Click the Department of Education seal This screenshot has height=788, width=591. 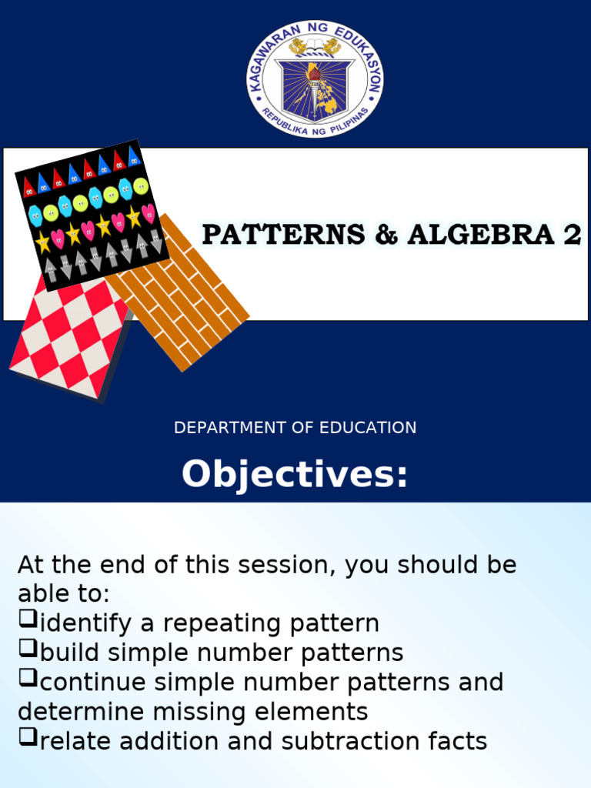315,79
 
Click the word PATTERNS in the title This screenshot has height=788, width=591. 283,235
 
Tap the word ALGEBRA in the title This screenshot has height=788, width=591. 480,235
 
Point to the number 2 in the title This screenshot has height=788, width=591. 572,235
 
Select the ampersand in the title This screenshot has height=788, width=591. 386,235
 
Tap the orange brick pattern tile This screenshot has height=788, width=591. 179,293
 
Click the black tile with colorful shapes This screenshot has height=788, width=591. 92,215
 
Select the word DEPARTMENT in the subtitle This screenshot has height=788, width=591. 229,428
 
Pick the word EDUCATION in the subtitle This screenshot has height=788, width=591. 368,428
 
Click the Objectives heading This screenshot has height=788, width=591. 295,473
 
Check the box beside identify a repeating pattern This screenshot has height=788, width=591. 28,619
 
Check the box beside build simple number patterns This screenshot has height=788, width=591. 28,648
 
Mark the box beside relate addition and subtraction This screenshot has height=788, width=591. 28,736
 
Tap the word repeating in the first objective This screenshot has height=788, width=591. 222,623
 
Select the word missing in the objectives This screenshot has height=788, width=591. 199,712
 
